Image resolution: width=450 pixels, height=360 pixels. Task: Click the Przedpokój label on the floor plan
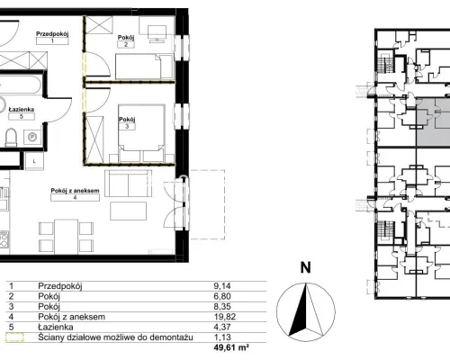coord(52,34)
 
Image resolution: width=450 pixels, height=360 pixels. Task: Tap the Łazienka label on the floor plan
coord(22,110)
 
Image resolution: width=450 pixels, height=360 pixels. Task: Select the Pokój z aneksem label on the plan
coord(75,191)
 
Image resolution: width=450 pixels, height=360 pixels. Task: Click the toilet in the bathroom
coord(11,138)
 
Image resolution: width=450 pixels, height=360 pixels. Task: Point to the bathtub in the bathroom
coord(20,85)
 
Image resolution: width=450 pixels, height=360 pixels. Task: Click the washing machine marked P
coord(32,137)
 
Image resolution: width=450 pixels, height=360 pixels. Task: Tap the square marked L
coord(34,161)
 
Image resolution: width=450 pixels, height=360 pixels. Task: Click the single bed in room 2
coord(144,67)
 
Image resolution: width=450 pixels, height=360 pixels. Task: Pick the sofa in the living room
coord(128,184)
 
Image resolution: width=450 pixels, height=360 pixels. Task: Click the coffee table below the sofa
coord(128,211)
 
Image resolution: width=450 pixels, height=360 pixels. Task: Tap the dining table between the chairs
coord(66,237)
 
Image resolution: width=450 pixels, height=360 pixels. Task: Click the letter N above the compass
coord(305,267)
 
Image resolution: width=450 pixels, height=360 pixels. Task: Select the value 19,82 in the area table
coord(225,317)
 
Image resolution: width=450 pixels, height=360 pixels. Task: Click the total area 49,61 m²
coord(231,347)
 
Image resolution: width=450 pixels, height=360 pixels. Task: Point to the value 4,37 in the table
coord(222,327)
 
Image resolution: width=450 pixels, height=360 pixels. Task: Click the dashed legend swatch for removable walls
coord(14,337)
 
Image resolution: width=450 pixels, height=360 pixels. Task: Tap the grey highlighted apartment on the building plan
coord(433,122)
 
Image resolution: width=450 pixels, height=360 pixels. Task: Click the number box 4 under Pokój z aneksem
coord(75,197)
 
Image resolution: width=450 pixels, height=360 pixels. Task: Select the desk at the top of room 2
coord(157,32)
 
